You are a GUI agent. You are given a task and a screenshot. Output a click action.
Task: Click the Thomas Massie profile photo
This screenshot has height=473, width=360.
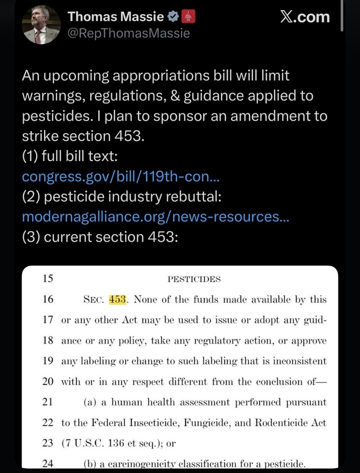pyautogui.click(x=41, y=25)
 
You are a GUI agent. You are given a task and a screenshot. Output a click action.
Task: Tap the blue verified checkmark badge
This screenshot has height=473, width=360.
pyautogui.click(x=175, y=17)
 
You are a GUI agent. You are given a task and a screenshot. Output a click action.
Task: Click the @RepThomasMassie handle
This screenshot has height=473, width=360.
pyautogui.click(x=128, y=33)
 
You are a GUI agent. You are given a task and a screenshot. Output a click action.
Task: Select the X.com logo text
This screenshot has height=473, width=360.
pyautogui.click(x=305, y=17)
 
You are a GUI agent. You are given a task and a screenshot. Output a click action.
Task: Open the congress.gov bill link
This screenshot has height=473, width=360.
pyautogui.click(x=121, y=176)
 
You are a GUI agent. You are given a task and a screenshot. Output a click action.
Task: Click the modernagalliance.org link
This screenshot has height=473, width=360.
pyautogui.click(x=155, y=216)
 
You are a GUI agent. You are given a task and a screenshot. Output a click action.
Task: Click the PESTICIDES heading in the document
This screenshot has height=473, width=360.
pyautogui.click(x=194, y=279)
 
